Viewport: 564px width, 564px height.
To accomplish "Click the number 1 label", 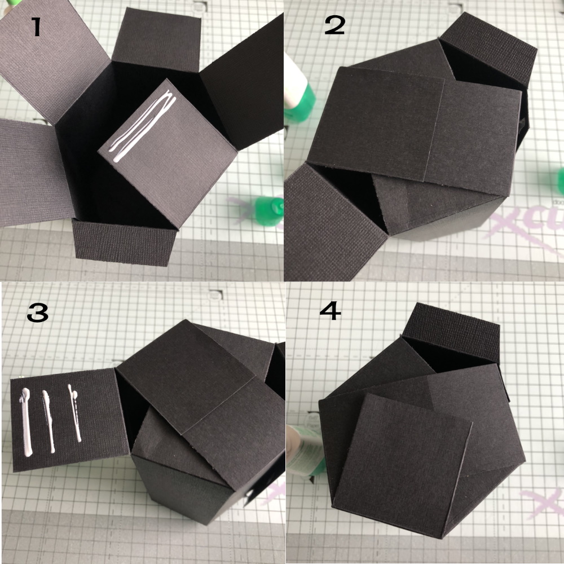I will coord(36,27).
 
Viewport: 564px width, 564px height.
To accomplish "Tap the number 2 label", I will coord(334,25).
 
